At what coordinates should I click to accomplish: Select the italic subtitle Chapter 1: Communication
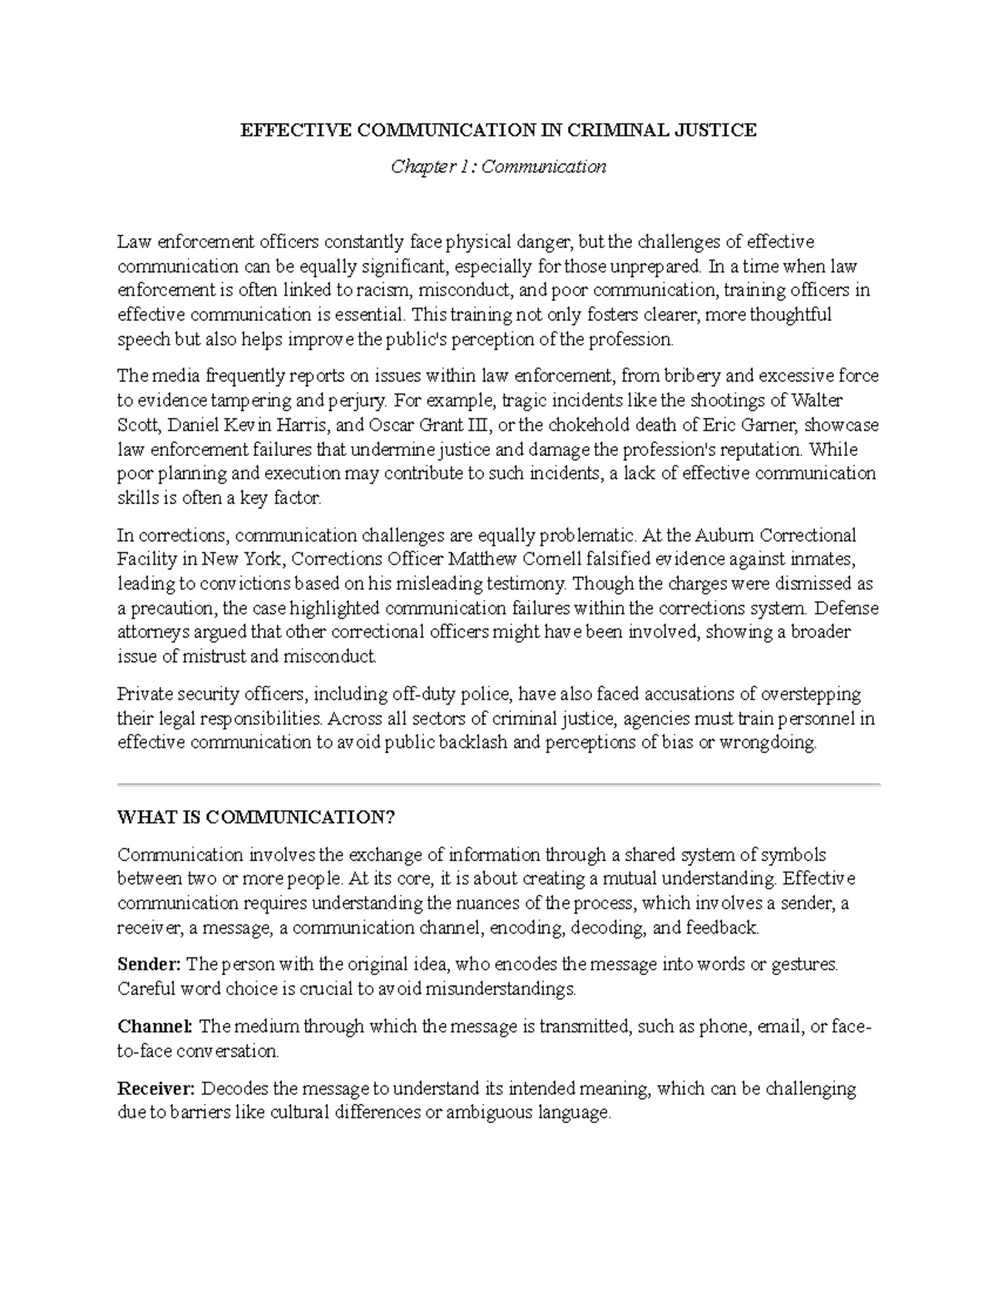498,166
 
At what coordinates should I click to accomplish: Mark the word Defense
848,607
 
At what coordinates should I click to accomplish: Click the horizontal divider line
498,784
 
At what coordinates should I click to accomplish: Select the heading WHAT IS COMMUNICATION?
256,817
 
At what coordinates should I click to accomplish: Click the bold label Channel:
155,1027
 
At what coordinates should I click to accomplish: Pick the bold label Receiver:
156,1088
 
